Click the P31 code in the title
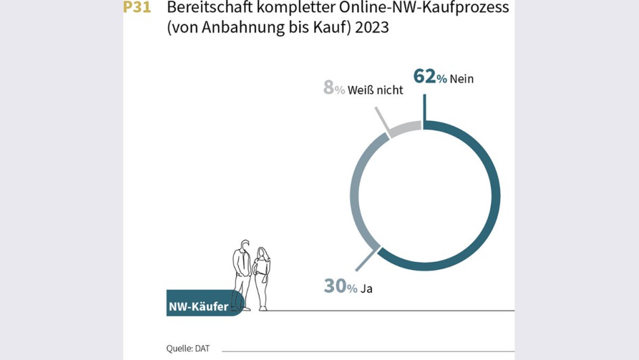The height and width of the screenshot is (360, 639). (x=137, y=8)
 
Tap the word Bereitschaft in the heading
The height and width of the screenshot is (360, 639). (x=206, y=9)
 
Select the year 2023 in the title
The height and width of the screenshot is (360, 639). (x=371, y=29)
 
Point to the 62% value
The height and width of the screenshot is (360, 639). (x=430, y=77)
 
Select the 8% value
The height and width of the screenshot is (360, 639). (x=333, y=88)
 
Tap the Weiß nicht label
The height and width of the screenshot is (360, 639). (x=375, y=90)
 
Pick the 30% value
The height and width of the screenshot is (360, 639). (x=340, y=287)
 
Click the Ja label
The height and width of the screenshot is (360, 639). (x=366, y=289)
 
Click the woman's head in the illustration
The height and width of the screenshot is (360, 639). (x=261, y=252)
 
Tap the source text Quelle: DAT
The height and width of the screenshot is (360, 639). (x=188, y=348)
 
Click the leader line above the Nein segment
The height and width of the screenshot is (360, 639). (x=424, y=107)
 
